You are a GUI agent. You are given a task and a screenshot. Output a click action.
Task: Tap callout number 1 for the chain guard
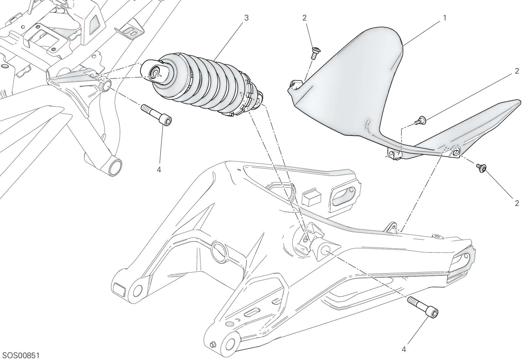click(445, 18)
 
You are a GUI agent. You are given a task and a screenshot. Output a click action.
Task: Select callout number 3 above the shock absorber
click(246, 18)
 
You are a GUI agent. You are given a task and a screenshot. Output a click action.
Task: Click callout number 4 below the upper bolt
click(159, 170)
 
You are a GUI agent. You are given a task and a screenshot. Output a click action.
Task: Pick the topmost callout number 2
click(304, 18)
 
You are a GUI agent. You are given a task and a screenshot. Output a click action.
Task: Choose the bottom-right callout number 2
click(517, 204)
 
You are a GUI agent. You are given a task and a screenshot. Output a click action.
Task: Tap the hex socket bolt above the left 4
click(157, 116)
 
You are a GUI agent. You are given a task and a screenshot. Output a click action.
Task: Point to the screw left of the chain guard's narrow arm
click(420, 121)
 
